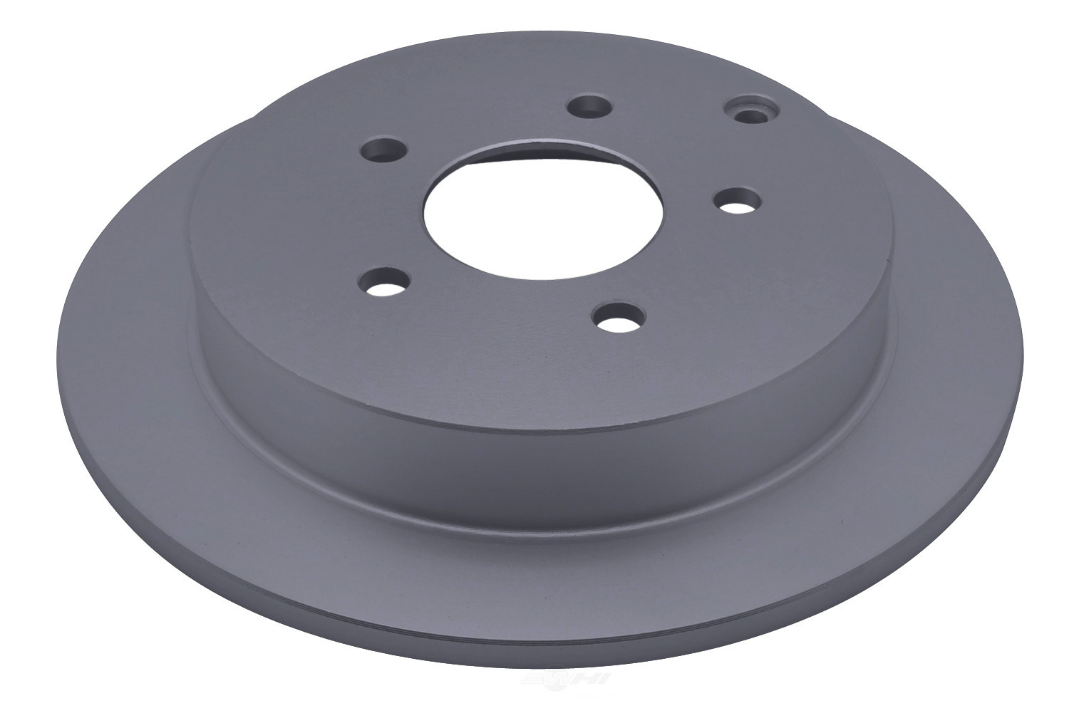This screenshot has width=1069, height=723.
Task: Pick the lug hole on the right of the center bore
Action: (x=735, y=199)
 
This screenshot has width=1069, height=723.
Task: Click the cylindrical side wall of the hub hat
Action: (x=542, y=399)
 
